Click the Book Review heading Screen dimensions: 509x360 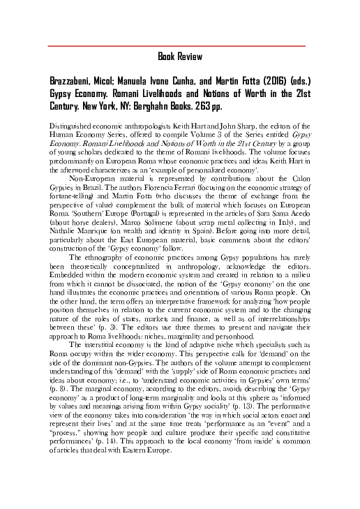pos(180,57)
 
